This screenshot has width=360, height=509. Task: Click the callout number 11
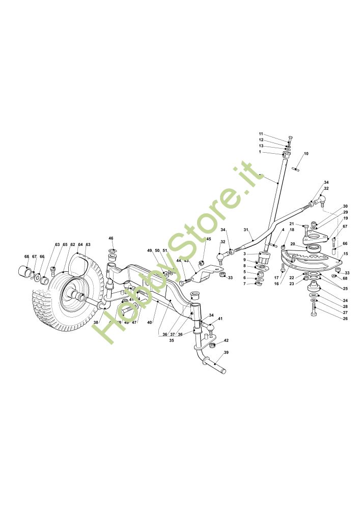click(x=275, y=133)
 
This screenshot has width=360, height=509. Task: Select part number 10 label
click(x=306, y=154)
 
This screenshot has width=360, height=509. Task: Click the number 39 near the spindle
click(x=226, y=353)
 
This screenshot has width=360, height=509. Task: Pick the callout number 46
click(x=111, y=238)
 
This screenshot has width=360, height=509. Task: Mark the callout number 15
click(x=346, y=253)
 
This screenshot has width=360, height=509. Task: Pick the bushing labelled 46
click(x=112, y=253)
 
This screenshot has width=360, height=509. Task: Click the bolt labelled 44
click(x=185, y=280)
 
